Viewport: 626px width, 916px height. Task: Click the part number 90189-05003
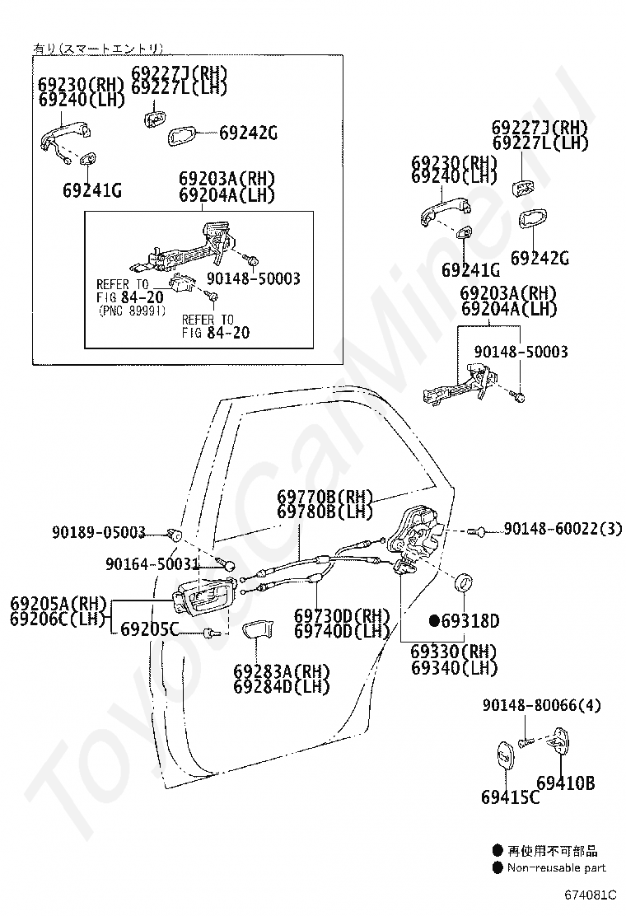tap(99, 532)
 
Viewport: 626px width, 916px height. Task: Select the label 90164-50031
tap(152, 563)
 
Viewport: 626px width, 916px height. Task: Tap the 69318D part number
tap(470, 620)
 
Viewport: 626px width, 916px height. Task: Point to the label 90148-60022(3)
tap(563, 529)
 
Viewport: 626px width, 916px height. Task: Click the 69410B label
tap(565, 783)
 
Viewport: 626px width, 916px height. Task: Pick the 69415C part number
tap(510, 797)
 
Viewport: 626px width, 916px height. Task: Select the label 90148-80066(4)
tap(541, 705)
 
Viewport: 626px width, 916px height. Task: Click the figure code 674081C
tap(591, 895)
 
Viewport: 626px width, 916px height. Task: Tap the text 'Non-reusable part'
tap(557, 868)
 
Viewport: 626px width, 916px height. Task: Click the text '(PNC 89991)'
tap(132, 311)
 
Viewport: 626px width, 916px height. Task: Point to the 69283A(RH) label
tap(282, 671)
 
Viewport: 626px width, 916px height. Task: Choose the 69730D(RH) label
tap(342, 615)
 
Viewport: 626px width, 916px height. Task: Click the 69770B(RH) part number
tap(325, 498)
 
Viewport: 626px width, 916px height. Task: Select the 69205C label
tap(149, 629)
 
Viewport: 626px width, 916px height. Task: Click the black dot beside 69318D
tap(434, 620)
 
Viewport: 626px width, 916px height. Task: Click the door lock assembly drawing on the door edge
tap(415, 534)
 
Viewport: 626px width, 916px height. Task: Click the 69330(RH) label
tap(454, 652)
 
